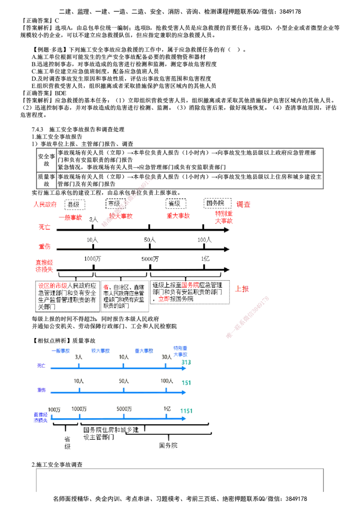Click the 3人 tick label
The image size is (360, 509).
coord(78,357)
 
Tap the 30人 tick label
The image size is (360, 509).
coord(166,357)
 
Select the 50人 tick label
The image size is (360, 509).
coord(124,381)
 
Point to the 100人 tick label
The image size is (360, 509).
coord(166,381)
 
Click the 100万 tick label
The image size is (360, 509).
coord(54,409)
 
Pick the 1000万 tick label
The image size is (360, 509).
coord(79,409)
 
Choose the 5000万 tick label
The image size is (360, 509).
coord(124,409)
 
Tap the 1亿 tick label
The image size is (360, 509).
coord(167,409)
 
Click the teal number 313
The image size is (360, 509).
coord(186,363)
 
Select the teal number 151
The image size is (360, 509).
coord(186,383)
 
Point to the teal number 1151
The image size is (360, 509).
coord(187,411)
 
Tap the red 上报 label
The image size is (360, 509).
coord(242,290)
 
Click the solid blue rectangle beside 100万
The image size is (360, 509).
coord(39,418)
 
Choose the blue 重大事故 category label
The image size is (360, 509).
coord(144,350)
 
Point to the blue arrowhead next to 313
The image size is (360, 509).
coord(184,369)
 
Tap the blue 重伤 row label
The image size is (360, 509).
coord(41,391)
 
